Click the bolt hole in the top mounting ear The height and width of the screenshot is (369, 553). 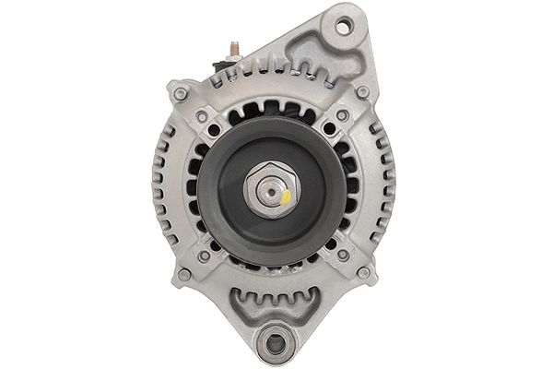click(343, 27)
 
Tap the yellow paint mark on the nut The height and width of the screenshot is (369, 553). click(286, 196)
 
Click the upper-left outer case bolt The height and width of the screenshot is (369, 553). click(180, 94)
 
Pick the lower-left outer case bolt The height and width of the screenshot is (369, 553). click(184, 274)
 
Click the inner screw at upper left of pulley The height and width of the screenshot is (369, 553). click(202, 116)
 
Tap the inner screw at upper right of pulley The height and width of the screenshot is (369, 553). click(342, 115)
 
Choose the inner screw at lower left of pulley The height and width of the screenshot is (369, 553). click(204, 256)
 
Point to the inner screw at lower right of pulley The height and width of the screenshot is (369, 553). click(343, 255)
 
